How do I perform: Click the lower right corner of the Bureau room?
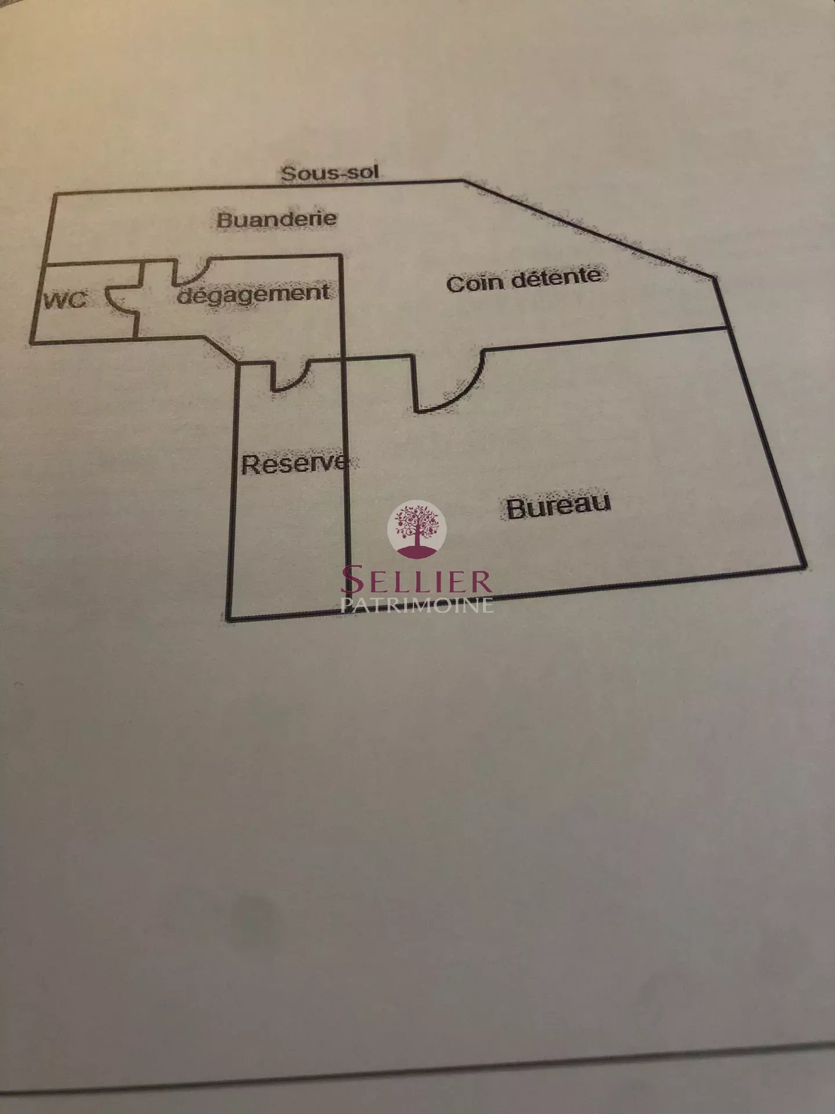point(804,566)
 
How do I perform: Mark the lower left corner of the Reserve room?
point(228,619)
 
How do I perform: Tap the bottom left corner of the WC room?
point(32,342)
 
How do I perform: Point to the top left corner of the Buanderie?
point(54,194)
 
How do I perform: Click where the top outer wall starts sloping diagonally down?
point(464,180)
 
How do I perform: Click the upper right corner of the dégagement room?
point(341,255)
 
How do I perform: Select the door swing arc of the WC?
point(114,299)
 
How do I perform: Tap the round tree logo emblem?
point(417,529)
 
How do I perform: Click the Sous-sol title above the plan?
point(330,172)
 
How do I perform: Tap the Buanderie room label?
point(277,219)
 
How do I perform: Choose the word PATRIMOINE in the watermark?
point(417,605)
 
